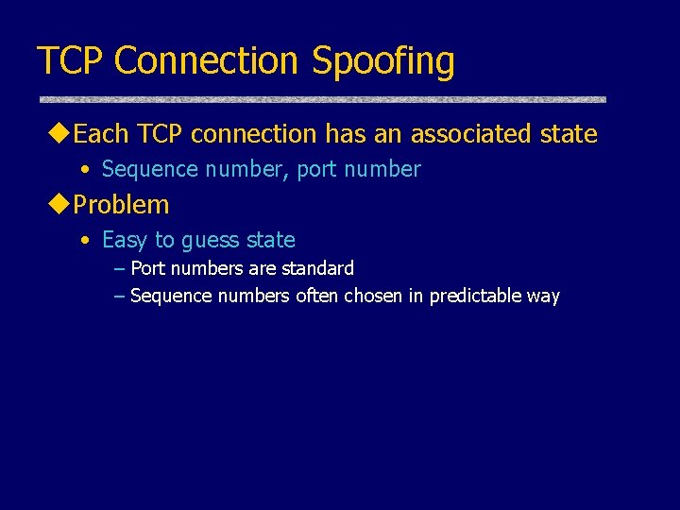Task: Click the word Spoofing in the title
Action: coord(382,61)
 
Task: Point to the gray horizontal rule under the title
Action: coord(322,98)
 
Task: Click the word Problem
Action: coord(121,205)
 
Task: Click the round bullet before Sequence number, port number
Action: coord(86,170)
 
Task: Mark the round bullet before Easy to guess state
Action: coord(86,241)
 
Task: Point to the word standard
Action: coord(318,268)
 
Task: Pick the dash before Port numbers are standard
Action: coord(118,268)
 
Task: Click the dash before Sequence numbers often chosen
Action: coord(118,296)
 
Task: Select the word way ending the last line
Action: coord(543,297)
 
